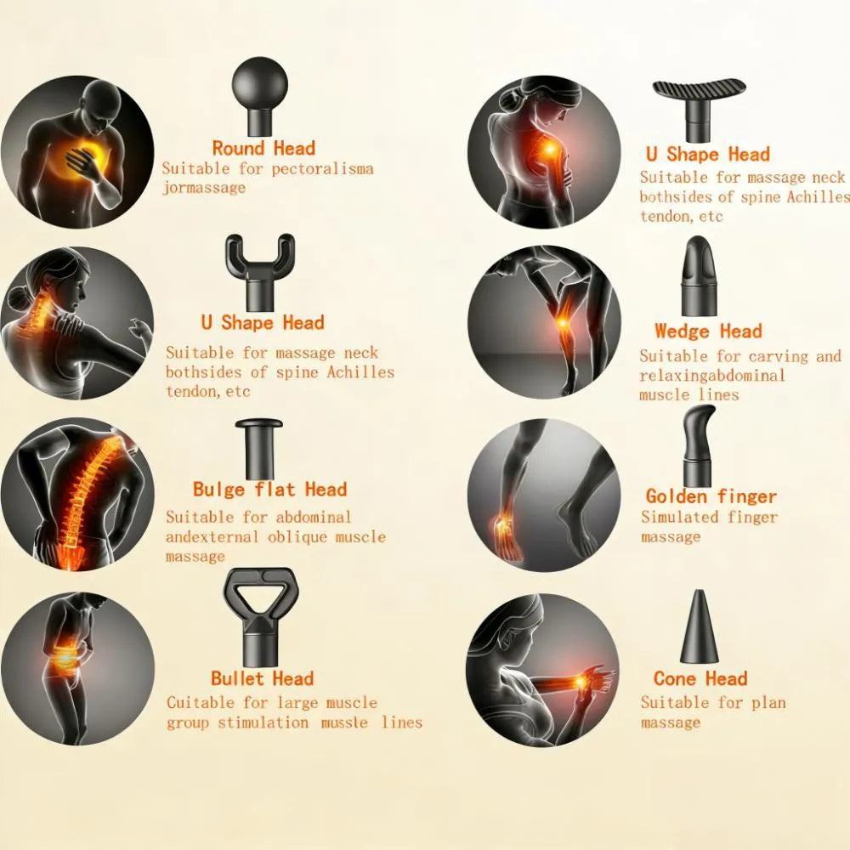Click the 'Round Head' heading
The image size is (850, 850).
pyautogui.click(x=263, y=148)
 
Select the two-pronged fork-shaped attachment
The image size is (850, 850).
pyautogui.click(x=259, y=270)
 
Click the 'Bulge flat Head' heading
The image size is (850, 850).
pyautogui.click(x=269, y=489)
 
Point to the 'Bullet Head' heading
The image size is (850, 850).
pyautogui.click(x=262, y=678)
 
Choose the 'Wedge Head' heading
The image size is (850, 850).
pyautogui.click(x=708, y=331)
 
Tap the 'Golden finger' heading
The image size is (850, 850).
pyautogui.click(x=711, y=496)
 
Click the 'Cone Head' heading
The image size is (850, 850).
pyautogui.click(x=700, y=678)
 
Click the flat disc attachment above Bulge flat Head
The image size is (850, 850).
pyautogui.click(x=259, y=445)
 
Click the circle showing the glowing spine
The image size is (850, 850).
pyautogui.click(x=77, y=494)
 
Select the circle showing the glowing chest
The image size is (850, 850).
pyautogui.click(x=77, y=151)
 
